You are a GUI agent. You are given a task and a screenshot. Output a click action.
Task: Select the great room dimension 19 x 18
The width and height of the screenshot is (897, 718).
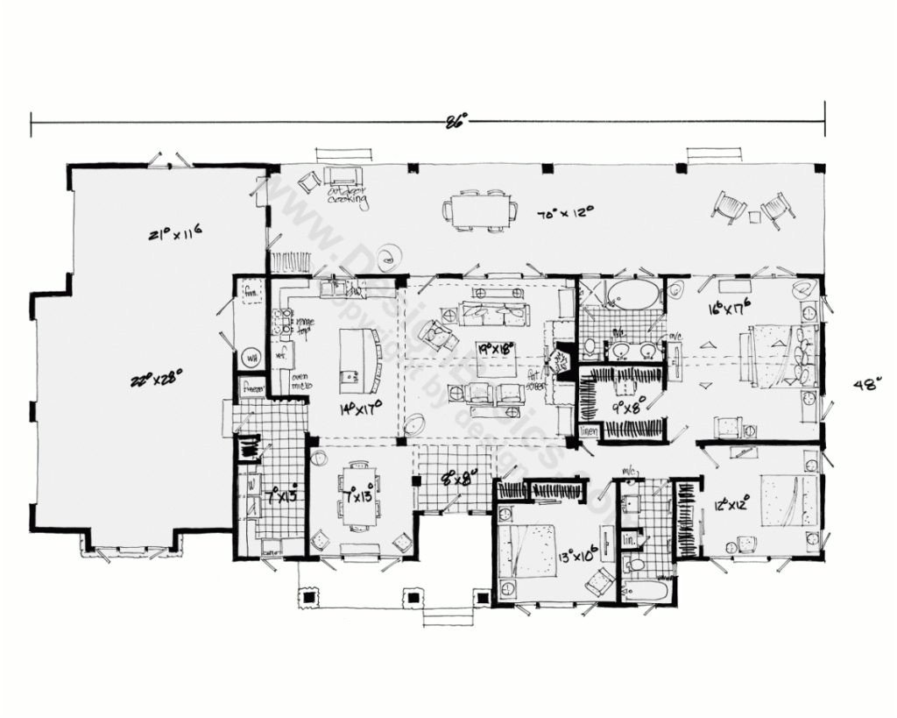[x=496, y=347]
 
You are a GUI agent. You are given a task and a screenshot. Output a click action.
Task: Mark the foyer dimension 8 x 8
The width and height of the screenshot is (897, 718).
[x=457, y=479]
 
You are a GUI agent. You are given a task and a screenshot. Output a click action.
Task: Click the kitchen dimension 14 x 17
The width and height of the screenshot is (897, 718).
[x=359, y=409]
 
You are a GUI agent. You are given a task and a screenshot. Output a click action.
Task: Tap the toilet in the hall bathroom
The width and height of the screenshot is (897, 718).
[x=635, y=565]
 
